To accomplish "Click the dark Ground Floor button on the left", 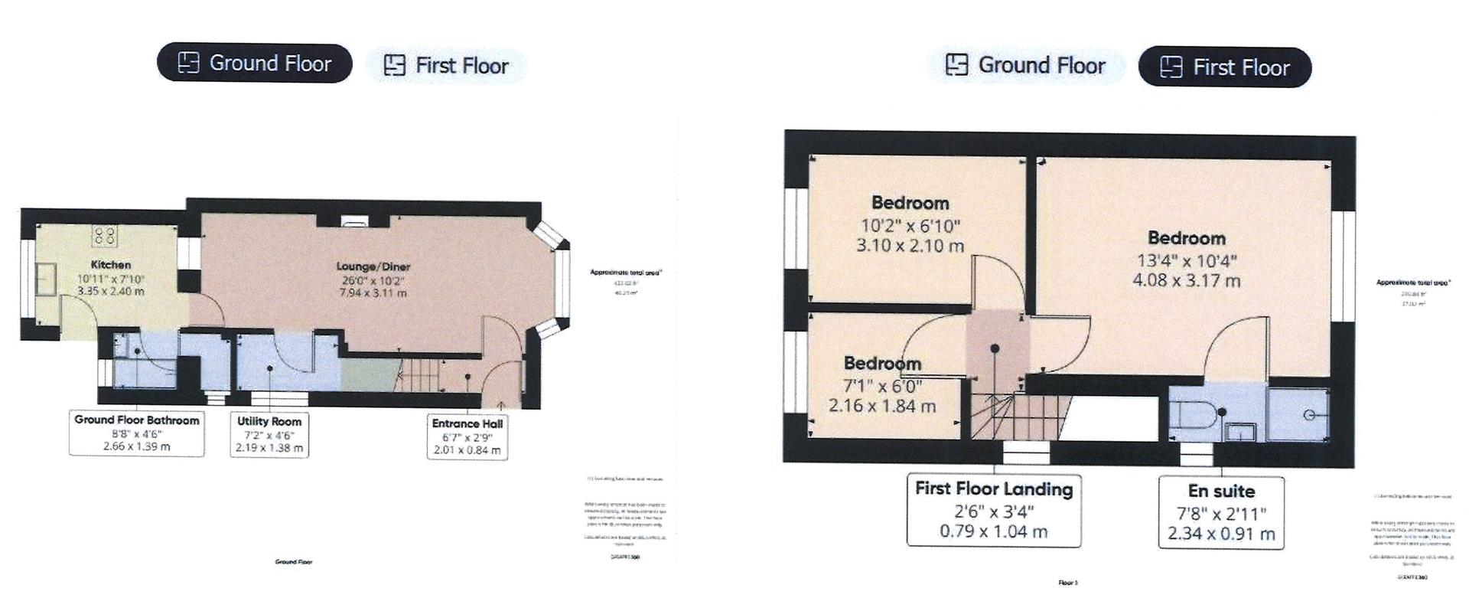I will point(254,63).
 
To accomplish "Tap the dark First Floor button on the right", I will point(1224,67).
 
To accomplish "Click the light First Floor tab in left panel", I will point(446,66).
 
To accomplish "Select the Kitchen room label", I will point(111,265).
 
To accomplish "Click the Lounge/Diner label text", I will point(373,266).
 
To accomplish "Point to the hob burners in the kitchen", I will point(105,234).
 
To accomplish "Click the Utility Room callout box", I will point(269,434).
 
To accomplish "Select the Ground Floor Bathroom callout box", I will point(137,433).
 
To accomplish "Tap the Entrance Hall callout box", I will point(467,436).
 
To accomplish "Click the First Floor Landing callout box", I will point(993,510).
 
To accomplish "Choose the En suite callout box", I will point(1221,512).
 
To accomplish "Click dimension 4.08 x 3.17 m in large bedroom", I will point(1186,281).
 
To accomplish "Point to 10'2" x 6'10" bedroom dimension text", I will point(910,226).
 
